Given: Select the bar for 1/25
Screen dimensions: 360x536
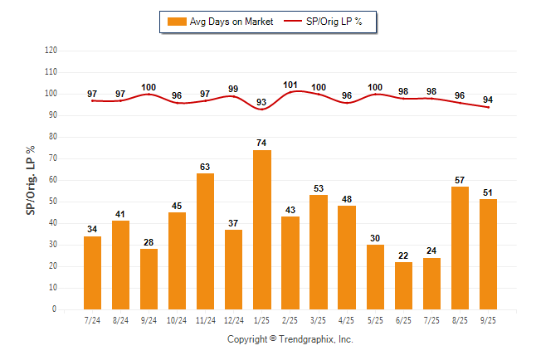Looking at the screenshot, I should (262, 230).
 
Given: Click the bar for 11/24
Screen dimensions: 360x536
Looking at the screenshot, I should (206, 241).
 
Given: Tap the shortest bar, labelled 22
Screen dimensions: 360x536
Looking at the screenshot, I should (403, 285).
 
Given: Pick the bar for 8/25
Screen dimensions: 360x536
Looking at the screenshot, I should (460, 248).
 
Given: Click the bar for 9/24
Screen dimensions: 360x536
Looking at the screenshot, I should (149, 279).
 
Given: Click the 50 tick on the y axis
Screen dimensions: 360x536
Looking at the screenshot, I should (52, 202).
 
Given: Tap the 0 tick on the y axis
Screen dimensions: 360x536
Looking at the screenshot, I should (55, 309).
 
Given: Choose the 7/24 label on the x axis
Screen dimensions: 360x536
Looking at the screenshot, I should (92, 320).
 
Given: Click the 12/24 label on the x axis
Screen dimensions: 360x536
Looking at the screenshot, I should (234, 320).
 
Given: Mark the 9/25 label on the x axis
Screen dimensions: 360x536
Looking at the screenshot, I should (488, 320).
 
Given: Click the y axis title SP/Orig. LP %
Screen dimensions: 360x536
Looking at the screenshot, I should (31, 179).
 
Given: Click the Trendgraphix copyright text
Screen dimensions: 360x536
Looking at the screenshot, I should (290, 339).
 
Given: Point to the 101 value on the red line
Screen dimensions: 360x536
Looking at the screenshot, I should (290, 84).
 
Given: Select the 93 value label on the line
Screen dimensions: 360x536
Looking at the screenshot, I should (262, 102).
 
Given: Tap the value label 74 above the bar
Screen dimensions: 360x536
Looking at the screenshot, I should (262, 144).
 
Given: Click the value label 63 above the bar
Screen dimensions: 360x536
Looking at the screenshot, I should (206, 167).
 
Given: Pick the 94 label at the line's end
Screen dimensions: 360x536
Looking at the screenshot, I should (488, 99).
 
